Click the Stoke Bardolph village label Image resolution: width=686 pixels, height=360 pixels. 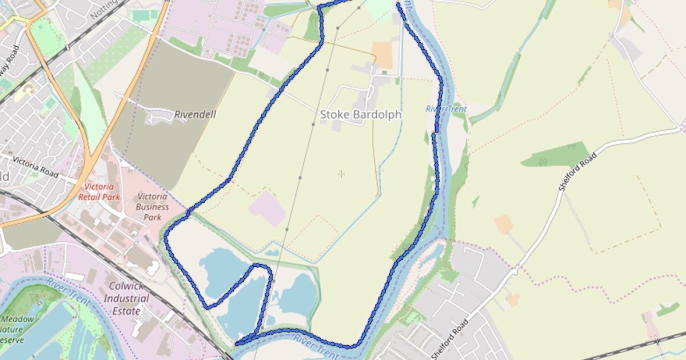click(x=360, y=114)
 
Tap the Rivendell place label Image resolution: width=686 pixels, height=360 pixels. click(x=195, y=114)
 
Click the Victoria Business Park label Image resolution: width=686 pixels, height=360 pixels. click(x=153, y=207)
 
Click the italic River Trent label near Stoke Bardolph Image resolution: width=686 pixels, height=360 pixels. click(x=446, y=109)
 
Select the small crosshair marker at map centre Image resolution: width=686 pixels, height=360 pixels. click(x=341, y=174)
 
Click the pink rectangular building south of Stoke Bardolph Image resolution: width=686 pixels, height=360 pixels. click(x=267, y=209)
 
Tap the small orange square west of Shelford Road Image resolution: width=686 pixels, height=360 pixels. click(x=504, y=223)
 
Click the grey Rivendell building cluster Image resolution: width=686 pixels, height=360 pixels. click(x=157, y=117)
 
